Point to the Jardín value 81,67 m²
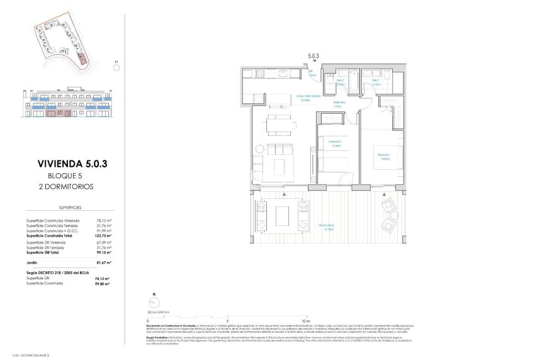click(x=104, y=262)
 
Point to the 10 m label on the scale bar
click(x=306, y=319)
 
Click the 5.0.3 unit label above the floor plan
click(x=313, y=56)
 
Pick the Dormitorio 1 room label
click(x=383, y=156)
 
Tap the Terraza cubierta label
click(x=325, y=227)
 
